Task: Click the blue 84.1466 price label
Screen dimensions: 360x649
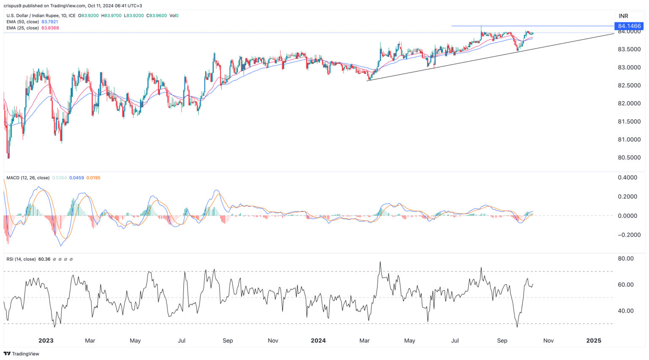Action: pyautogui.click(x=629, y=26)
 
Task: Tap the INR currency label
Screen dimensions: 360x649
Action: pyautogui.click(x=623, y=16)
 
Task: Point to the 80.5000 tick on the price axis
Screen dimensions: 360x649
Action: pyautogui.click(x=629, y=158)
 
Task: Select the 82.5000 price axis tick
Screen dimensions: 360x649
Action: pyautogui.click(x=629, y=85)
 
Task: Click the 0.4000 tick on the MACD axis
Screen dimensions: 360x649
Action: pyautogui.click(x=627, y=177)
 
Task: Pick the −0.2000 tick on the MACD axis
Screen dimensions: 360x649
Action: pyautogui.click(x=626, y=235)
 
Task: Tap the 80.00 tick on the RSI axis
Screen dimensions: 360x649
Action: pyautogui.click(x=626, y=259)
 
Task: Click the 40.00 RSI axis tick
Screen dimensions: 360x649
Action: pyautogui.click(x=626, y=311)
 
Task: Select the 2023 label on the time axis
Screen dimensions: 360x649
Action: pyautogui.click(x=46, y=341)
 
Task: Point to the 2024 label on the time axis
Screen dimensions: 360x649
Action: pyautogui.click(x=318, y=341)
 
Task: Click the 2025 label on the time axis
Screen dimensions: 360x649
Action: pyautogui.click(x=594, y=341)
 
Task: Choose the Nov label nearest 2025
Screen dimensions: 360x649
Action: pyautogui.click(x=548, y=341)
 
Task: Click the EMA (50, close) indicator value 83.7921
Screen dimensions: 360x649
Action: pyautogui.click(x=50, y=22)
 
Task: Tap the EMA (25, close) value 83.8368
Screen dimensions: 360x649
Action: pyautogui.click(x=50, y=28)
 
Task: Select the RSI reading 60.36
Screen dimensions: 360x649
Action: pyautogui.click(x=44, y=259)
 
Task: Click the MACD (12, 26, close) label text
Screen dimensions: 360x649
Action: pyautogui.click(x=27, y=178)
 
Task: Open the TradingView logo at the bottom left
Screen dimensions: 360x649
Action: pyautogui.click(x=22, y=354)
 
